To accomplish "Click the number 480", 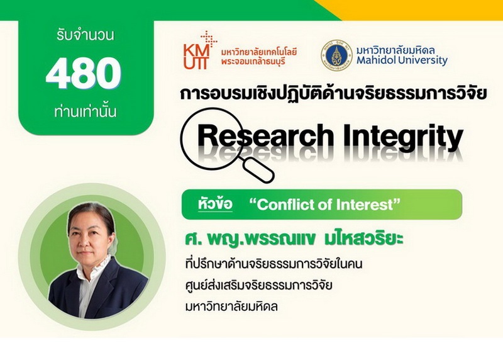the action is click(83, 74).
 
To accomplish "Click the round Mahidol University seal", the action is click(336, 55).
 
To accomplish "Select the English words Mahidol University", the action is click(402, 60).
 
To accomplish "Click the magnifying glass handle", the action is click(258, 171).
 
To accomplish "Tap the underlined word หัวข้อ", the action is click(215, 204).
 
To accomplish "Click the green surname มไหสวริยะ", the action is click(364, 240).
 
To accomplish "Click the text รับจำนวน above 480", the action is click(86, 35).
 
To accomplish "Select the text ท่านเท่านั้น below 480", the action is click(86, 111).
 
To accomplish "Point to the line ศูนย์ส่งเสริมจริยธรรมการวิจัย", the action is click(258, 284).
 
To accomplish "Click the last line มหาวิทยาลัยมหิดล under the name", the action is click(231, 306).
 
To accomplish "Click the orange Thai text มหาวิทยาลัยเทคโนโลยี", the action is click(259, 52).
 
